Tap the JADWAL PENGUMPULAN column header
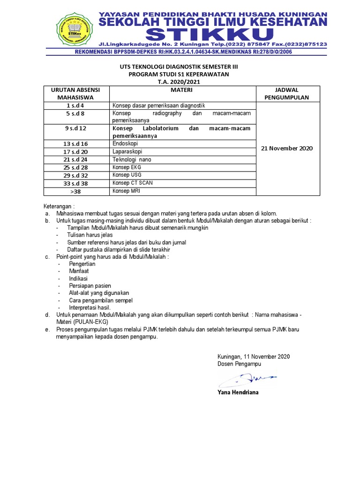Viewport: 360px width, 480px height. tap(287, 93)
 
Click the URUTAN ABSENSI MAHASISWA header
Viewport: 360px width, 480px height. tap(76, 93)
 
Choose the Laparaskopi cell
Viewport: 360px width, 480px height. tap(127, 151)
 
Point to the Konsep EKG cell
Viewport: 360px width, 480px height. tap(127, 167)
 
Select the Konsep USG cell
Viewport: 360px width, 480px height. tap(127, 175)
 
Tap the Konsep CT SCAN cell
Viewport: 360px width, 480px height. tap(132, 183)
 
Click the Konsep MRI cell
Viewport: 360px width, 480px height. tap(126, 191)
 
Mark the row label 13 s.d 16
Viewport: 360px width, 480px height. tap(76, 144)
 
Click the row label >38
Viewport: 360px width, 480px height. tap(76, 191)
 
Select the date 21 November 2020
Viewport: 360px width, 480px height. tap(287, 148)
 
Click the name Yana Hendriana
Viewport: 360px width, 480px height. tap(238, 392)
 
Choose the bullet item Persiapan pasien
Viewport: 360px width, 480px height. tap(90, 285)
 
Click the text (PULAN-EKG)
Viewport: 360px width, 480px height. tap(90, 322)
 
